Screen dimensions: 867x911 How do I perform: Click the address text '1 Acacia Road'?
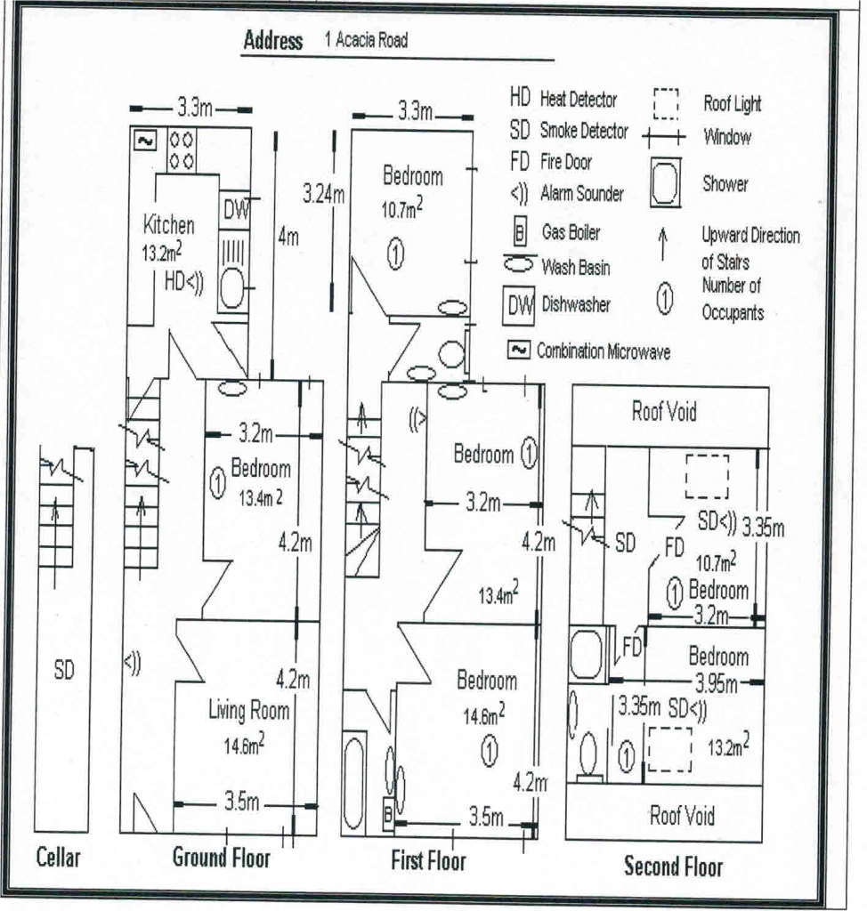tap(367, 40)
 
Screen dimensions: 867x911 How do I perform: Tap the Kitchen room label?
tap(168, 225)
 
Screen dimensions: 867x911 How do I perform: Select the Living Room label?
tap(249, 710)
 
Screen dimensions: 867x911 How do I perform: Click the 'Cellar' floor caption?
tap(58, 857)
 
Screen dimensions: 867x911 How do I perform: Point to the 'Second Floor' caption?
tap(673, 866)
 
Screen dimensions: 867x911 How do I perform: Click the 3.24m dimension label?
tap(324, 194)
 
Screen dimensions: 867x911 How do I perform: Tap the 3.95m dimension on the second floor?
tap(717, 684)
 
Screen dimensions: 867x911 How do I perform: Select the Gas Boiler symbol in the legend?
tap(520, 232)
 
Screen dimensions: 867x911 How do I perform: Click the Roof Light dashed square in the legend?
tap(666, 104)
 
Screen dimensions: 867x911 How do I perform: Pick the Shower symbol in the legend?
tap(666, 183)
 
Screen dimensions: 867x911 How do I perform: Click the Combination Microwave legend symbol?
tap(519, 350)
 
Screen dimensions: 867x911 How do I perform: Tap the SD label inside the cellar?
tap(64, 671)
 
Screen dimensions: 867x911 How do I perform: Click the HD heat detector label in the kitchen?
tap(174, 282)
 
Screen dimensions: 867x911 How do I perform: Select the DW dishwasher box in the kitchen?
tap(235, 209)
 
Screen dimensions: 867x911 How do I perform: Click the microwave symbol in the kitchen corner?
tap(144, 141)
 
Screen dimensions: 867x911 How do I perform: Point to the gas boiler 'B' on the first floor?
tap(388, 815)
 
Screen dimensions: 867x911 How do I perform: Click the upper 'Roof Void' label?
tap(664, 411)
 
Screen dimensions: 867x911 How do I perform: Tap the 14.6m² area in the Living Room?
tap(244, 745)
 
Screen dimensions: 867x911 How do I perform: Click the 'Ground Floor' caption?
tap(222, 858)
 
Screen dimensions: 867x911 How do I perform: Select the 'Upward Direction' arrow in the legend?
tap(663, 244)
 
